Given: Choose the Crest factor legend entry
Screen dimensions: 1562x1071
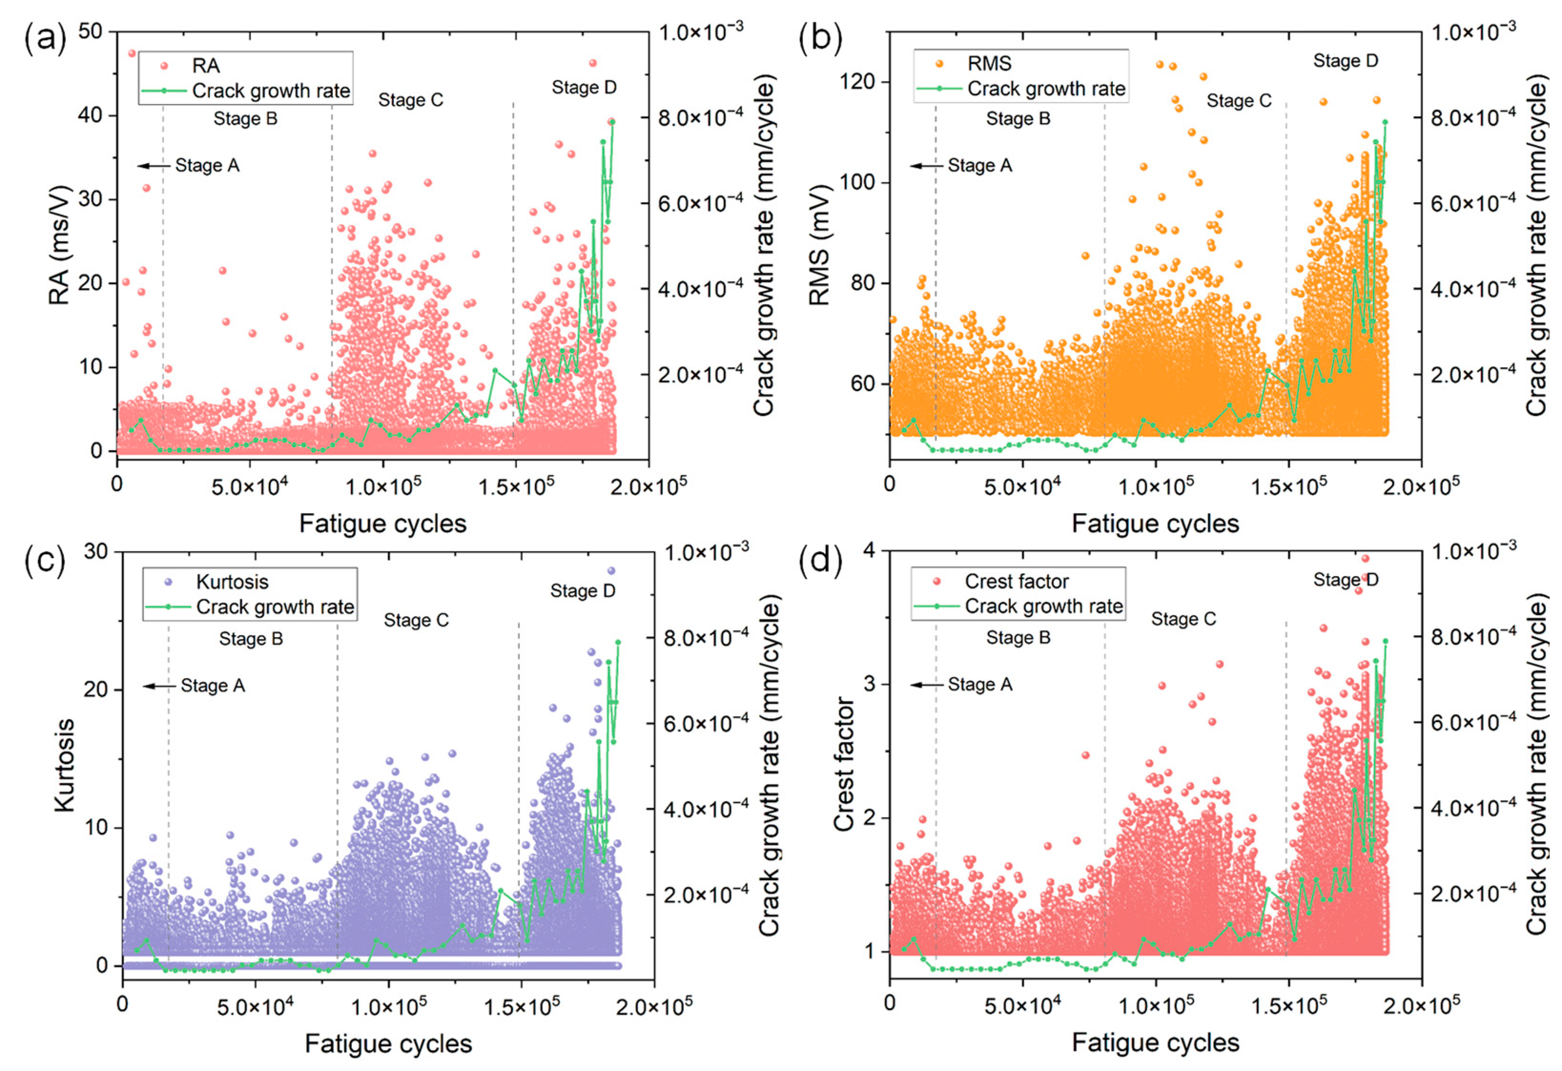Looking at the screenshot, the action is [1001, 581].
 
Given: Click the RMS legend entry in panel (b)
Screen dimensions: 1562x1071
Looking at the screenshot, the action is [974, 64].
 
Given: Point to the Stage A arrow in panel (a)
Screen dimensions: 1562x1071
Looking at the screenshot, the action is [153, 166].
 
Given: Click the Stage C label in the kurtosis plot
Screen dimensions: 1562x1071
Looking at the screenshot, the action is [416, 620].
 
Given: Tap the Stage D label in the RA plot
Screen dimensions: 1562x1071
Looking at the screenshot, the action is [584, 87].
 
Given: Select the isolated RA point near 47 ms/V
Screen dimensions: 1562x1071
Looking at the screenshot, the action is [132, 53].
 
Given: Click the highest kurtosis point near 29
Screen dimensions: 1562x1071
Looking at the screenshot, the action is [611, 570].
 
